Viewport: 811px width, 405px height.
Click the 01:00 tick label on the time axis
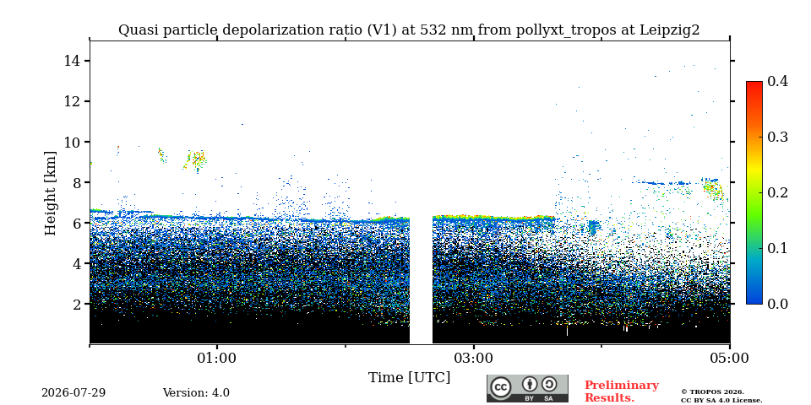[217, 358]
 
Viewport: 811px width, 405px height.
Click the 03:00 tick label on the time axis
[473, 358]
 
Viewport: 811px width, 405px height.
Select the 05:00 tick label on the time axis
[729, 358]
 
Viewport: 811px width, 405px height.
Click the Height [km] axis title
[50, 193]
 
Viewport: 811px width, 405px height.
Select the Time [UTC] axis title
[409, 378]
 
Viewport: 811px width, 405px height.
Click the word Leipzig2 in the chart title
[670, 30]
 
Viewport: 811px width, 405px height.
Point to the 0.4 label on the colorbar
[777, 81]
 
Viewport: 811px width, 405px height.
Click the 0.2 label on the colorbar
[777, 192]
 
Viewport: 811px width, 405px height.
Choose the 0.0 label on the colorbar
[777, 304]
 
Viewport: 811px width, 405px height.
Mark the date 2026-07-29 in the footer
[73, 392]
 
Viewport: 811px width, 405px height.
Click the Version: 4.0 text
[196, 392]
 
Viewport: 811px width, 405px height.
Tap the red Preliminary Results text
[622, 391]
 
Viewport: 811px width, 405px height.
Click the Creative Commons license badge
[527, 388]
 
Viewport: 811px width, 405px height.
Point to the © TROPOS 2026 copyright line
[712, 392]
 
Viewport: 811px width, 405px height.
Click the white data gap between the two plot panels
[421, 279]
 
